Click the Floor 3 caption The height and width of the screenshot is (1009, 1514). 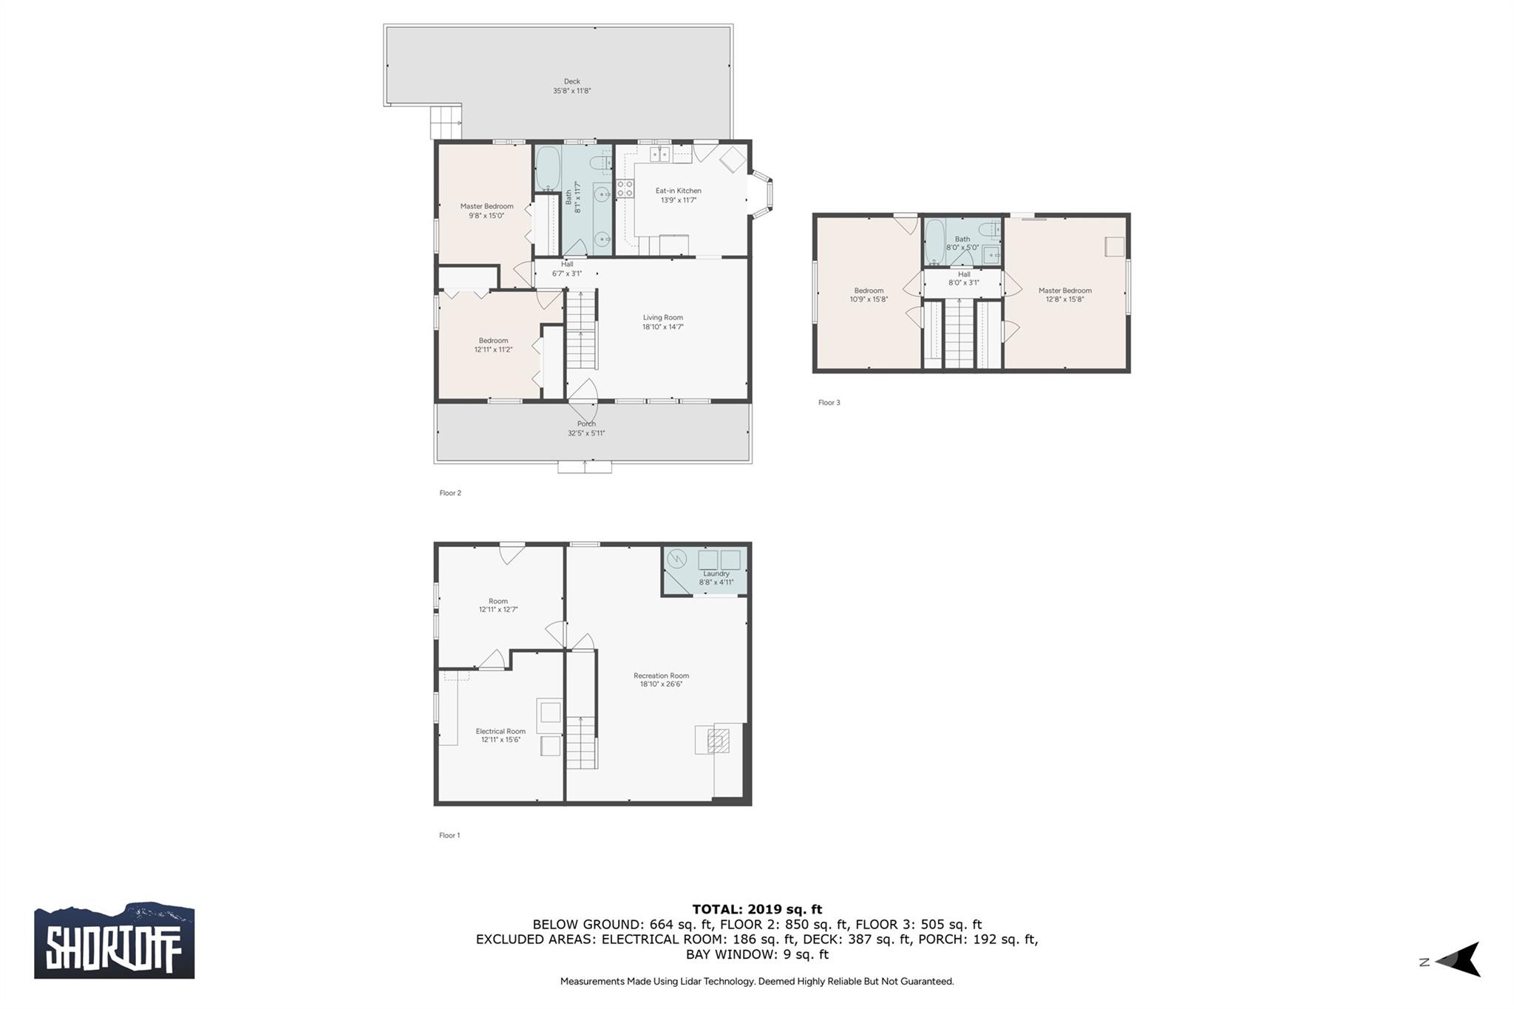(829, 403)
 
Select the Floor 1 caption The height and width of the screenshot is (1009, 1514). (449, 835)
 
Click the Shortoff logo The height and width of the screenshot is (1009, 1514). (115, 940)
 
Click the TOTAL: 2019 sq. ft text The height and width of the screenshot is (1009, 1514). (757, 909)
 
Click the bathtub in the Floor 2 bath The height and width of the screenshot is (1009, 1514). (547, 169)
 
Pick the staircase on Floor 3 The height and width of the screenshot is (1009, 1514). (960, 334)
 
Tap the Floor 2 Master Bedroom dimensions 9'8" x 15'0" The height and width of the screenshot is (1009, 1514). (486, 216)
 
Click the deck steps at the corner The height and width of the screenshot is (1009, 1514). (446, 122)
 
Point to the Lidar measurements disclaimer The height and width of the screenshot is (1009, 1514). (757, 982)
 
